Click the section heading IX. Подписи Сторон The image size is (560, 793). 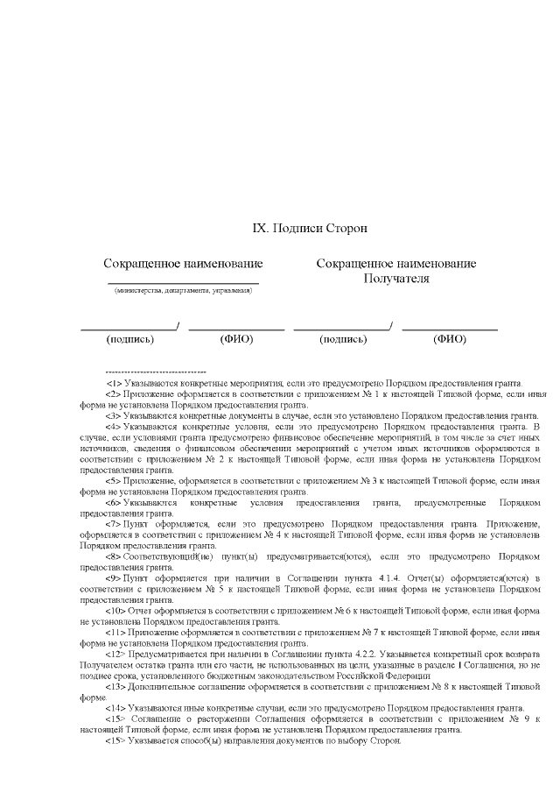(x=310, y=228)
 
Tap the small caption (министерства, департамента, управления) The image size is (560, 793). (x=183, y=291)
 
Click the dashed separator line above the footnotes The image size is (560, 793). (x=155, y=372)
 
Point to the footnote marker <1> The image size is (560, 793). (x=114, y=383)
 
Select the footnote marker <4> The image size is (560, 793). (x=114, y=427)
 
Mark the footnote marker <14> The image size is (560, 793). (x=115, y=708)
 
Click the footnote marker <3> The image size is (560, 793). (x=114, y=415)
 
